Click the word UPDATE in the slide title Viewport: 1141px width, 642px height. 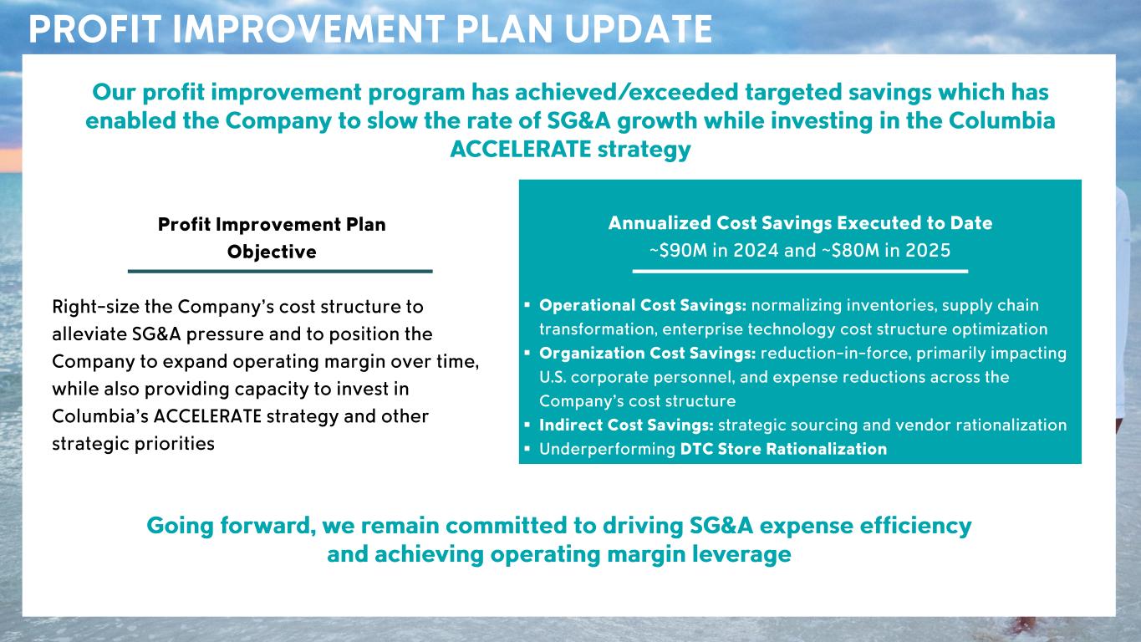[639, 29]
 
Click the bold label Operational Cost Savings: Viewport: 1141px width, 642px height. [643, 305]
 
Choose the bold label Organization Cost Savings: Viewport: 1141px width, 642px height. [648, 353]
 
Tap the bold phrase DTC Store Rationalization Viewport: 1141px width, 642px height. [783, 449]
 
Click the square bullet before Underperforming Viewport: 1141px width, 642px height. [527, 449]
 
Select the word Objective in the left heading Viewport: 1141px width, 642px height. [272, 252]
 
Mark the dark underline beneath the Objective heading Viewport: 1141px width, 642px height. [280, 272]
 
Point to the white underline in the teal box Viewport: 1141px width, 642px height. [800, 272]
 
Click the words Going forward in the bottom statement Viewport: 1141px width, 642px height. [231, 526]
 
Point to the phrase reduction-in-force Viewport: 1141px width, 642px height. [835, 353]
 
